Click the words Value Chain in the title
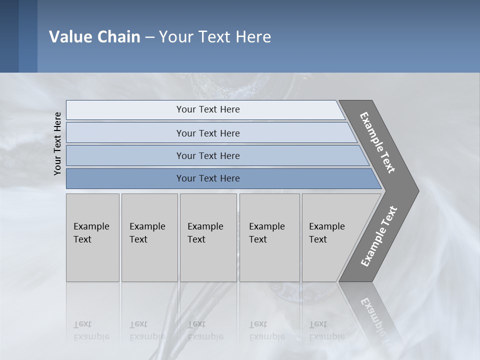coord(94,37)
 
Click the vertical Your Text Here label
coord(57,143)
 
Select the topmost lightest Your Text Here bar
coord(207,109)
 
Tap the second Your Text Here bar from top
coord(207,133)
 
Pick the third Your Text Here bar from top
coord(207,155)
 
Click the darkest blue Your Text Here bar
coord(207,178)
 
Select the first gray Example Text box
coord(92,237)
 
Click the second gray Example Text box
coord(149,237)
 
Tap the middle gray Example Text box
coord(208,237)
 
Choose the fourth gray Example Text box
coord(269,237)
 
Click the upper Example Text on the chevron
coord(378,143)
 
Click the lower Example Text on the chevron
coord(378,236)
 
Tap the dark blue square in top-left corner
coord(9,36)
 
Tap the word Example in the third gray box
coord(205,226)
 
